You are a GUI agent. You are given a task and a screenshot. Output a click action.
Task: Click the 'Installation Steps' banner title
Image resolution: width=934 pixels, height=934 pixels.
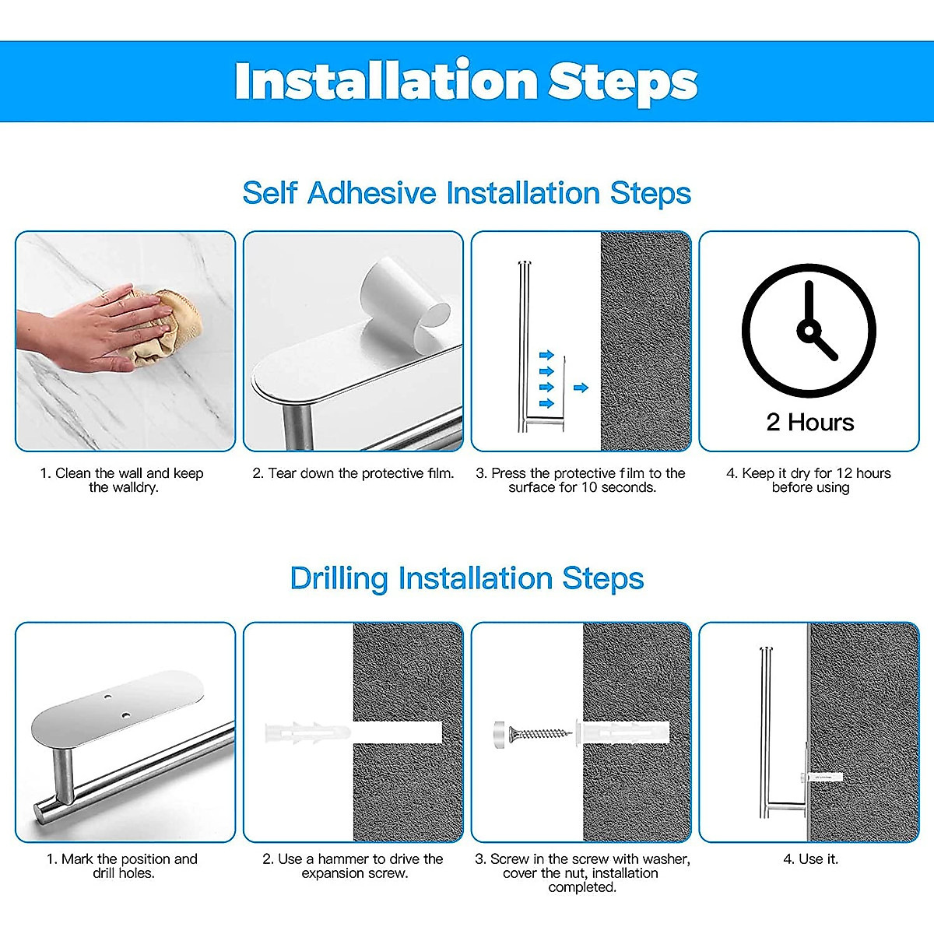pos(465,81)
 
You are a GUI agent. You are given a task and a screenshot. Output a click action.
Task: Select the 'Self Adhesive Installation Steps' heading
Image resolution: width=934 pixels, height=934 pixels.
pos(466,193)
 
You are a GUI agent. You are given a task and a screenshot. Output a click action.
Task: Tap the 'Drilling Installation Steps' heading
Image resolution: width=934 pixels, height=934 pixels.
pos(466,579)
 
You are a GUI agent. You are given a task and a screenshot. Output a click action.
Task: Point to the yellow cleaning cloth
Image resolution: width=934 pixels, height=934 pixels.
pos(167,327)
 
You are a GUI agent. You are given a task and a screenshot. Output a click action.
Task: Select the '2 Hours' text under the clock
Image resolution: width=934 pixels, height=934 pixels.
pos(809,423)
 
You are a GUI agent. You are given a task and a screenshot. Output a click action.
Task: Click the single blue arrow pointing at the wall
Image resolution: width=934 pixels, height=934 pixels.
pos(581,387)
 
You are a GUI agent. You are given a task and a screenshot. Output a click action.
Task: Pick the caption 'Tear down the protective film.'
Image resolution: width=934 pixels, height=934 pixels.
pos(353,473)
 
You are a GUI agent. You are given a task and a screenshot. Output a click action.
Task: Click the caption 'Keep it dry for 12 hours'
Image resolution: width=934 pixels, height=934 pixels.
pos(809,473)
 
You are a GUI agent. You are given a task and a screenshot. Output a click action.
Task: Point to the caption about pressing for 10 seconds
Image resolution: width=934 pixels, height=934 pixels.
pos(581,480)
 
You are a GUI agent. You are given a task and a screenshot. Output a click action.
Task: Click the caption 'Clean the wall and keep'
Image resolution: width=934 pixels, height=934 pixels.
pos(122,473)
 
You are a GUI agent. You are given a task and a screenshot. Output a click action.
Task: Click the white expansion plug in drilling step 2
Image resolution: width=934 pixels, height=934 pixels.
pos(307,732)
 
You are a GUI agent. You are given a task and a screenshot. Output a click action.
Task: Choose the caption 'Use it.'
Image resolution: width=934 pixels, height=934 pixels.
pos(810,859)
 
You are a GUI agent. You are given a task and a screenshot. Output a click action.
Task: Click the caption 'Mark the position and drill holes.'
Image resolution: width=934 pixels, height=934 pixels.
pos(122,866)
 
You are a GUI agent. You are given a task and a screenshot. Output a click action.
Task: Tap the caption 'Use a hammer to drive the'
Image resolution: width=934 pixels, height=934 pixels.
pos(353,859)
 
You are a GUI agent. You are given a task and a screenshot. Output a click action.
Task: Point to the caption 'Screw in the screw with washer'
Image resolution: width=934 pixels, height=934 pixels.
pos(582,859)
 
